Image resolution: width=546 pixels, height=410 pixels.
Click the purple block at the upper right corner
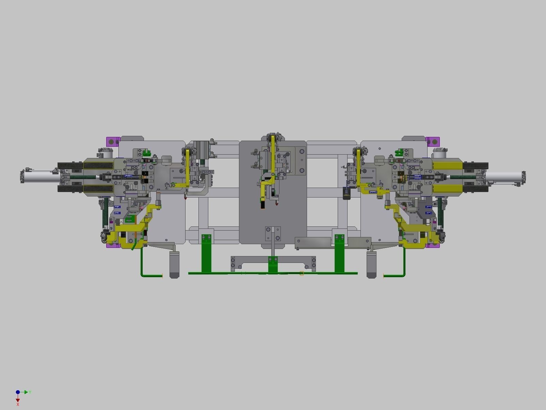(433, 141)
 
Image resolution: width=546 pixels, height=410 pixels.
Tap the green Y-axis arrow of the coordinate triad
(27, 392)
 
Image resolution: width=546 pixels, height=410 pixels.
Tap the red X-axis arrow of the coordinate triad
(18, 400)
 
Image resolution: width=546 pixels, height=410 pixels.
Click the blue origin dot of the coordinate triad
(18, 392)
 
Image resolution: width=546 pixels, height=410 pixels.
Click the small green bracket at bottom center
(273, 264)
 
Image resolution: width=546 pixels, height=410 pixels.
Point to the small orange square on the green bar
(302, 273)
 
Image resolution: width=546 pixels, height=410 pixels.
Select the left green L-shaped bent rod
(143, 266)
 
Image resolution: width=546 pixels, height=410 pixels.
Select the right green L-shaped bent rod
(403, 266)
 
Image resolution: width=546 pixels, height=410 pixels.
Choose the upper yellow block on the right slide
(447, 166)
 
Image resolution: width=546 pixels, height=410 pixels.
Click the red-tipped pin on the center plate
(276, 204)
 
